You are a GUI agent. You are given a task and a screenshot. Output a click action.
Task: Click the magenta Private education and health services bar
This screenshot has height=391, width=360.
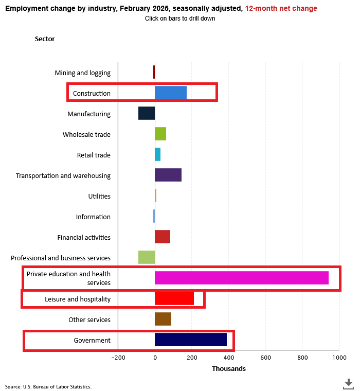coord(242,278)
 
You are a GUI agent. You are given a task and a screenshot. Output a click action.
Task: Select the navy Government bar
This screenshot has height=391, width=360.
coord(191,340)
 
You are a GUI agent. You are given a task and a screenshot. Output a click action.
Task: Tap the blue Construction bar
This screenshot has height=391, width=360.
coord(171,93)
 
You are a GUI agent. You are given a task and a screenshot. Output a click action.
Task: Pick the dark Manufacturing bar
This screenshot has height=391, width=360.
coord(147,113)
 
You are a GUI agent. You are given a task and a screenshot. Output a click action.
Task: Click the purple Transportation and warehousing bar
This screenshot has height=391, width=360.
coord(168,175)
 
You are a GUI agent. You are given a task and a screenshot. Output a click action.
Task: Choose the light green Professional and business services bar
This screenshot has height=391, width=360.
coord(147,257)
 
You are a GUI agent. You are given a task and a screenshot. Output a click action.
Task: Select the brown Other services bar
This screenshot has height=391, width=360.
coord(163,319)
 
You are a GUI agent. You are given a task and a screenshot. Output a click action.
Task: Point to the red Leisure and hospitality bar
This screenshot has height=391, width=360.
coord(174,298)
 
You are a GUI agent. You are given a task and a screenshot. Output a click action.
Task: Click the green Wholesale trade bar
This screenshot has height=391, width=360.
coord(160,134)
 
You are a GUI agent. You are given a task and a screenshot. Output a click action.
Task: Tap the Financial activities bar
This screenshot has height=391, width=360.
coord(163,237)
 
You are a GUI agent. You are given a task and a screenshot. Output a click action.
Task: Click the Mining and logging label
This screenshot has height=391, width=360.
coord(83,73)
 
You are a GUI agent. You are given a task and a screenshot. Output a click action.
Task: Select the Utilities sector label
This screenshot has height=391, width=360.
coord(99,197)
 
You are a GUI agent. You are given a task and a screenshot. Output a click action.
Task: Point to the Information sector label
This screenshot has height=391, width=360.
coord(93,217)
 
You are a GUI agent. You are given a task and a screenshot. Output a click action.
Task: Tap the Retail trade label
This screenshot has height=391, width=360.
coord(94,155)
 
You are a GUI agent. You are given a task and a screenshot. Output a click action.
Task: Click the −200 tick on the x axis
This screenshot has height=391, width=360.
coord(118,358)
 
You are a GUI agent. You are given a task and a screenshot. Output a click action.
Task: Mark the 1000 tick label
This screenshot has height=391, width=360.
coord(339,358)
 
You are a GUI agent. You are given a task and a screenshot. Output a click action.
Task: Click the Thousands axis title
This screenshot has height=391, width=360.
coord(229,369)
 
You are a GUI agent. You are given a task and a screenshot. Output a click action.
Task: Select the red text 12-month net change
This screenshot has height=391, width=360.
coord(281,9)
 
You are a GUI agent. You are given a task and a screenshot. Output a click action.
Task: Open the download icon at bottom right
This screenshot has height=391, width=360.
coord(348,383)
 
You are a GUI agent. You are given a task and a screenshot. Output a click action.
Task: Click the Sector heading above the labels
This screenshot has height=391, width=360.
coord(45,39)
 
